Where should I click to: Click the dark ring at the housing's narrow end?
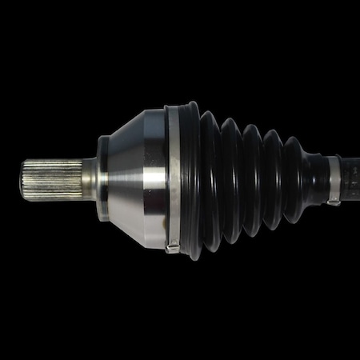click(x=103, y=178)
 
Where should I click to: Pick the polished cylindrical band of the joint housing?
click(x=156, y=178)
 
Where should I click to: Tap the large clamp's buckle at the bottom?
click(x=172, y=247)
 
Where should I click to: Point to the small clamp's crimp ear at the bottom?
click(x=333, y=202)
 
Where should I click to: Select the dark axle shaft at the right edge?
click(x=350, y=178)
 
